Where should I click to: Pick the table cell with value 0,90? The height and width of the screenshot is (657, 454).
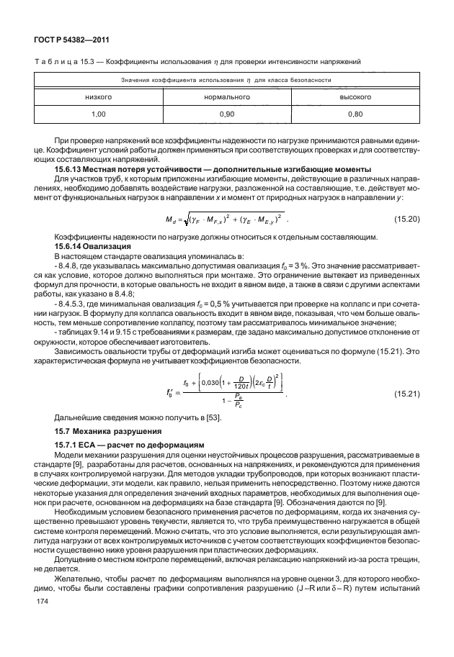pyautogui.click(x=226, y=114)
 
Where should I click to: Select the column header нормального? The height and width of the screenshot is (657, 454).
pyautogui.click(x=226, y=96)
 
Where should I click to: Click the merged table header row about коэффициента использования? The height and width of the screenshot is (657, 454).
pyautogui.click(x=226, y=79)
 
